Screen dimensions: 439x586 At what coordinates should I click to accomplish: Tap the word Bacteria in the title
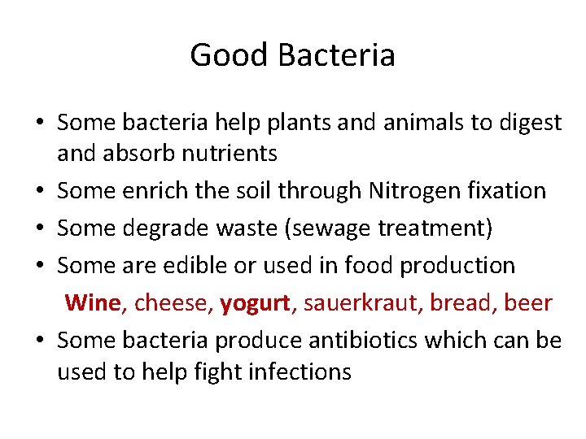click(x=336, y=55)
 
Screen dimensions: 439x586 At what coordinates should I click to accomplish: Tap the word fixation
click(x=505, y=191)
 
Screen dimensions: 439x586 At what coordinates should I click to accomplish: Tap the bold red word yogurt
click(x=254, y=303)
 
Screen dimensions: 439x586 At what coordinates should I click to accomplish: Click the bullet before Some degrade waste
click(x=39, y=229)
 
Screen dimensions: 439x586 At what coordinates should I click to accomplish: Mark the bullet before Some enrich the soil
click(x=39, y=192)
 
